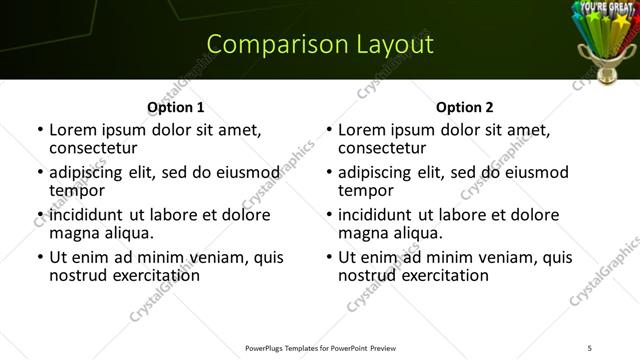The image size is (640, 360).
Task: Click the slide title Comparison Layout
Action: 320,44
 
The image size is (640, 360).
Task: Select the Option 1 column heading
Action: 175,106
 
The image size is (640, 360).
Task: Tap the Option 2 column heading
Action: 465,106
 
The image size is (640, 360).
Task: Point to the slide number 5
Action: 590,348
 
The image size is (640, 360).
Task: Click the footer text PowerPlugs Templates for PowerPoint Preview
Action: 320,348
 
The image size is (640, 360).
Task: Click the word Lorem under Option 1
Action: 73,130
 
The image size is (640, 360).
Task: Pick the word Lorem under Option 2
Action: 362,130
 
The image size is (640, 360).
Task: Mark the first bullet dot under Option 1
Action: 40,131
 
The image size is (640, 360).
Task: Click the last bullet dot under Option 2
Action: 329,258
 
